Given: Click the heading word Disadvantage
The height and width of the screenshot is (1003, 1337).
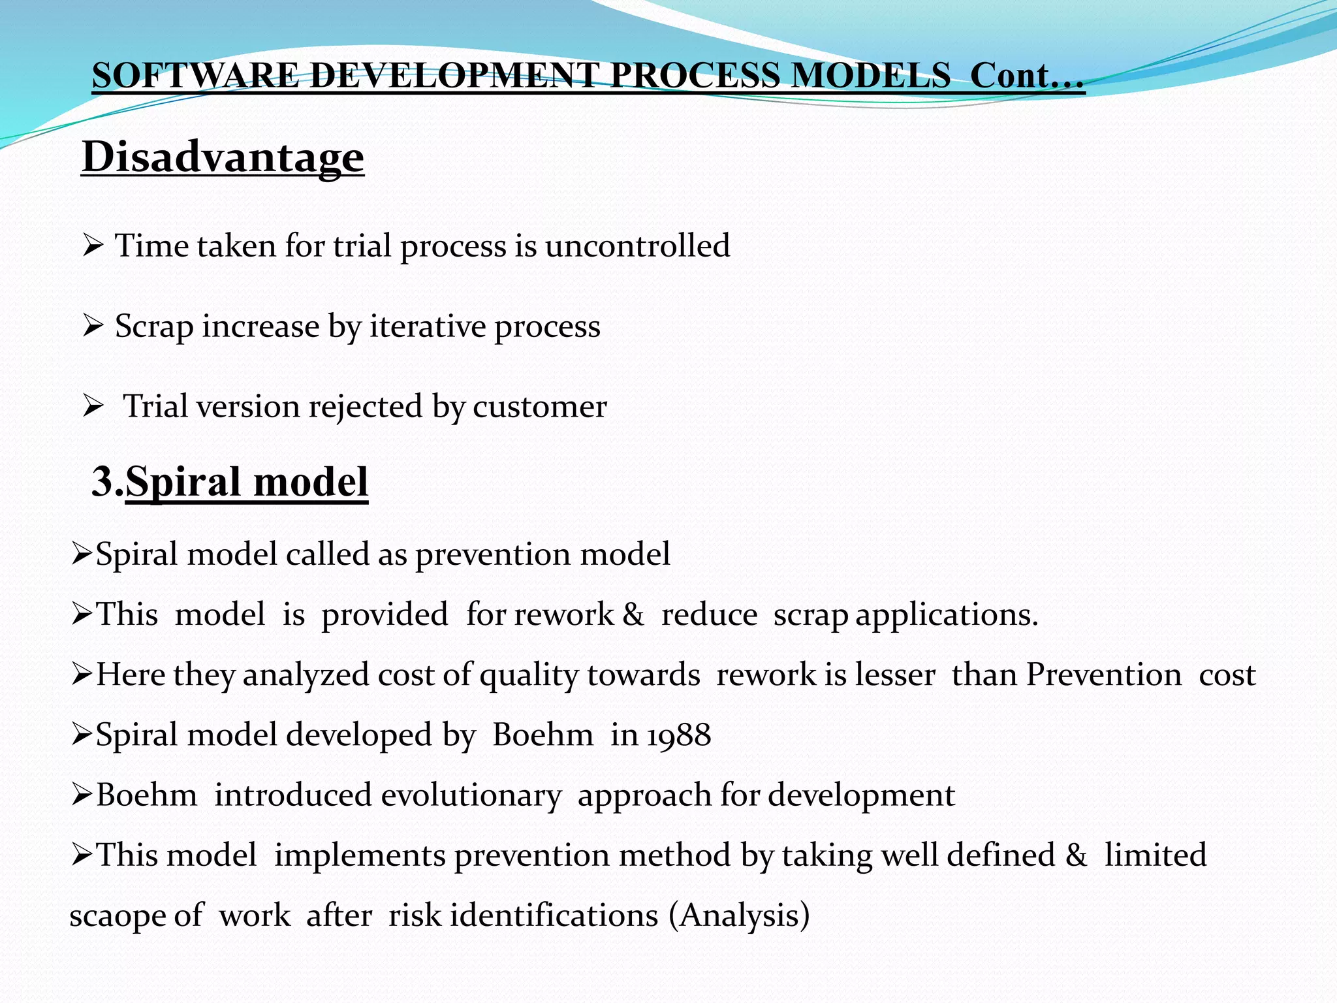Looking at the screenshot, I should (x=223, y=157).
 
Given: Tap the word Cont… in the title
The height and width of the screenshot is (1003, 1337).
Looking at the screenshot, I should (x=1026, y=75).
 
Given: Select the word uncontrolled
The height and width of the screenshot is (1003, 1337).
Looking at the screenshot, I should (x=637, y=246).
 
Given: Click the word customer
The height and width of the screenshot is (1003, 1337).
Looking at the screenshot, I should (x=539, y=407).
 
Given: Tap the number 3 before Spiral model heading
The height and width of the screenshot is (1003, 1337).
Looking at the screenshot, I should (x=103, y=482).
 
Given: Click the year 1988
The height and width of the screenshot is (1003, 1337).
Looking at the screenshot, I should (x=679, y=735).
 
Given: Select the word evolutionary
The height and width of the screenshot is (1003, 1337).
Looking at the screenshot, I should (x=471, y=795).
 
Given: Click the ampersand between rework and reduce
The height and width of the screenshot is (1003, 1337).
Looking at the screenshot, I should (x=633, y=614).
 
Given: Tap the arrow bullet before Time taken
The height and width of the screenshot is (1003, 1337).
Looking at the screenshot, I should (x=93, y=246).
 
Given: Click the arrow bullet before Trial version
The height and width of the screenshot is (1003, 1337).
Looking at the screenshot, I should (x=93, y=407).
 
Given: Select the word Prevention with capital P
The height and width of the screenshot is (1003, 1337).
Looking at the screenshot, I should (x=1103, y=675).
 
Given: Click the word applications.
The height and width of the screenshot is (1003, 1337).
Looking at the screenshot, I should (x=946, y=615).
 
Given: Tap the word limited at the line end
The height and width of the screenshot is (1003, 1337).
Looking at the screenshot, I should (x=1155, y=855).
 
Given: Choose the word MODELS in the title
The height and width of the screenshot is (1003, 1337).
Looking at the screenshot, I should (x=870, y=75).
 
